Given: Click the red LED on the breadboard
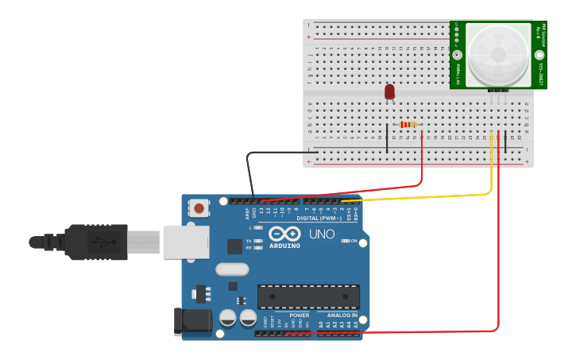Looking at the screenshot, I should (389, 92).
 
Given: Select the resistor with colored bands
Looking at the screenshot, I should (408, 125).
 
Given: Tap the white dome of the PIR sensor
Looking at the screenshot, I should (498, 55).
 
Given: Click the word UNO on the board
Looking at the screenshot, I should (321, 234).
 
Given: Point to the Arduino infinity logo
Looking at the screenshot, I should (284, 234).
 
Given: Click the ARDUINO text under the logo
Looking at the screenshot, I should (284, 246).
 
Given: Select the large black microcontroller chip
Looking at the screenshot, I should (308, 296).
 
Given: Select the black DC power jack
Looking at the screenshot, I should (191, 320).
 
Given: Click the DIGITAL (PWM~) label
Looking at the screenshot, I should (319, 218).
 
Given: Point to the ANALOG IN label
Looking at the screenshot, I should (342, 315).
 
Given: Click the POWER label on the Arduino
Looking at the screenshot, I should (299, 315).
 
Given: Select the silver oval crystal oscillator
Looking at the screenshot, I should (232, 269).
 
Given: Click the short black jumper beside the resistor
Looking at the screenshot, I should (387, 137).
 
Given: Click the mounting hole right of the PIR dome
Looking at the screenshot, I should (539, 55).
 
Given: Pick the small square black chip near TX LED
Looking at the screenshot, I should (234, 246).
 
